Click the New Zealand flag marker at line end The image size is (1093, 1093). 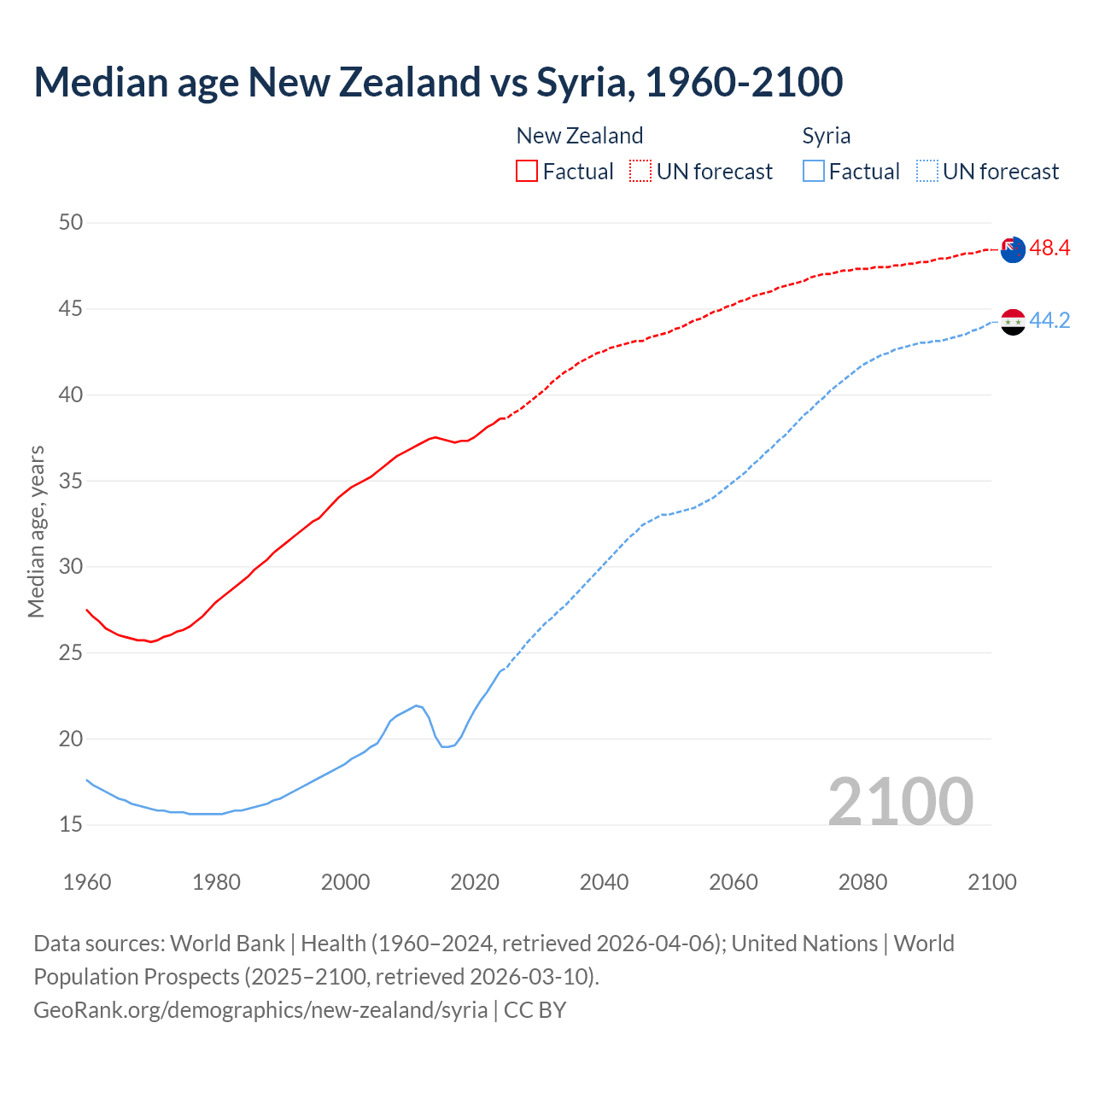1013,250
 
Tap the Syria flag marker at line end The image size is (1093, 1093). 1013,322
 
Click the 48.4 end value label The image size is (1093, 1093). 1049,248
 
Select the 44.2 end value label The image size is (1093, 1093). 1049,320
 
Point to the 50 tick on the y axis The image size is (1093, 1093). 71,223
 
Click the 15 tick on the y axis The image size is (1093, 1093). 71,825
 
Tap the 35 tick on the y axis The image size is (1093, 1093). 71,481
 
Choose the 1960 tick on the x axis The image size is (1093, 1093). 87,882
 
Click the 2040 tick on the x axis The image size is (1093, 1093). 604,882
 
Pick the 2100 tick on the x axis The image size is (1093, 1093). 991,882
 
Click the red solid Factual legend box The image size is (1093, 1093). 527,172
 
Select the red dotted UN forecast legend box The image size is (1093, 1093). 640,172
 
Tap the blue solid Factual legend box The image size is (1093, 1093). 813,172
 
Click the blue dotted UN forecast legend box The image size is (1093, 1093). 926,172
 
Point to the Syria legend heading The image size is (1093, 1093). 826,136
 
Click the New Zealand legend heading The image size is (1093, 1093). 579,136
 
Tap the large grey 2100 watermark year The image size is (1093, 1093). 900,801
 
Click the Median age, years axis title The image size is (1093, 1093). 36,531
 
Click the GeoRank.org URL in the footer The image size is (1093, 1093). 260,1010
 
